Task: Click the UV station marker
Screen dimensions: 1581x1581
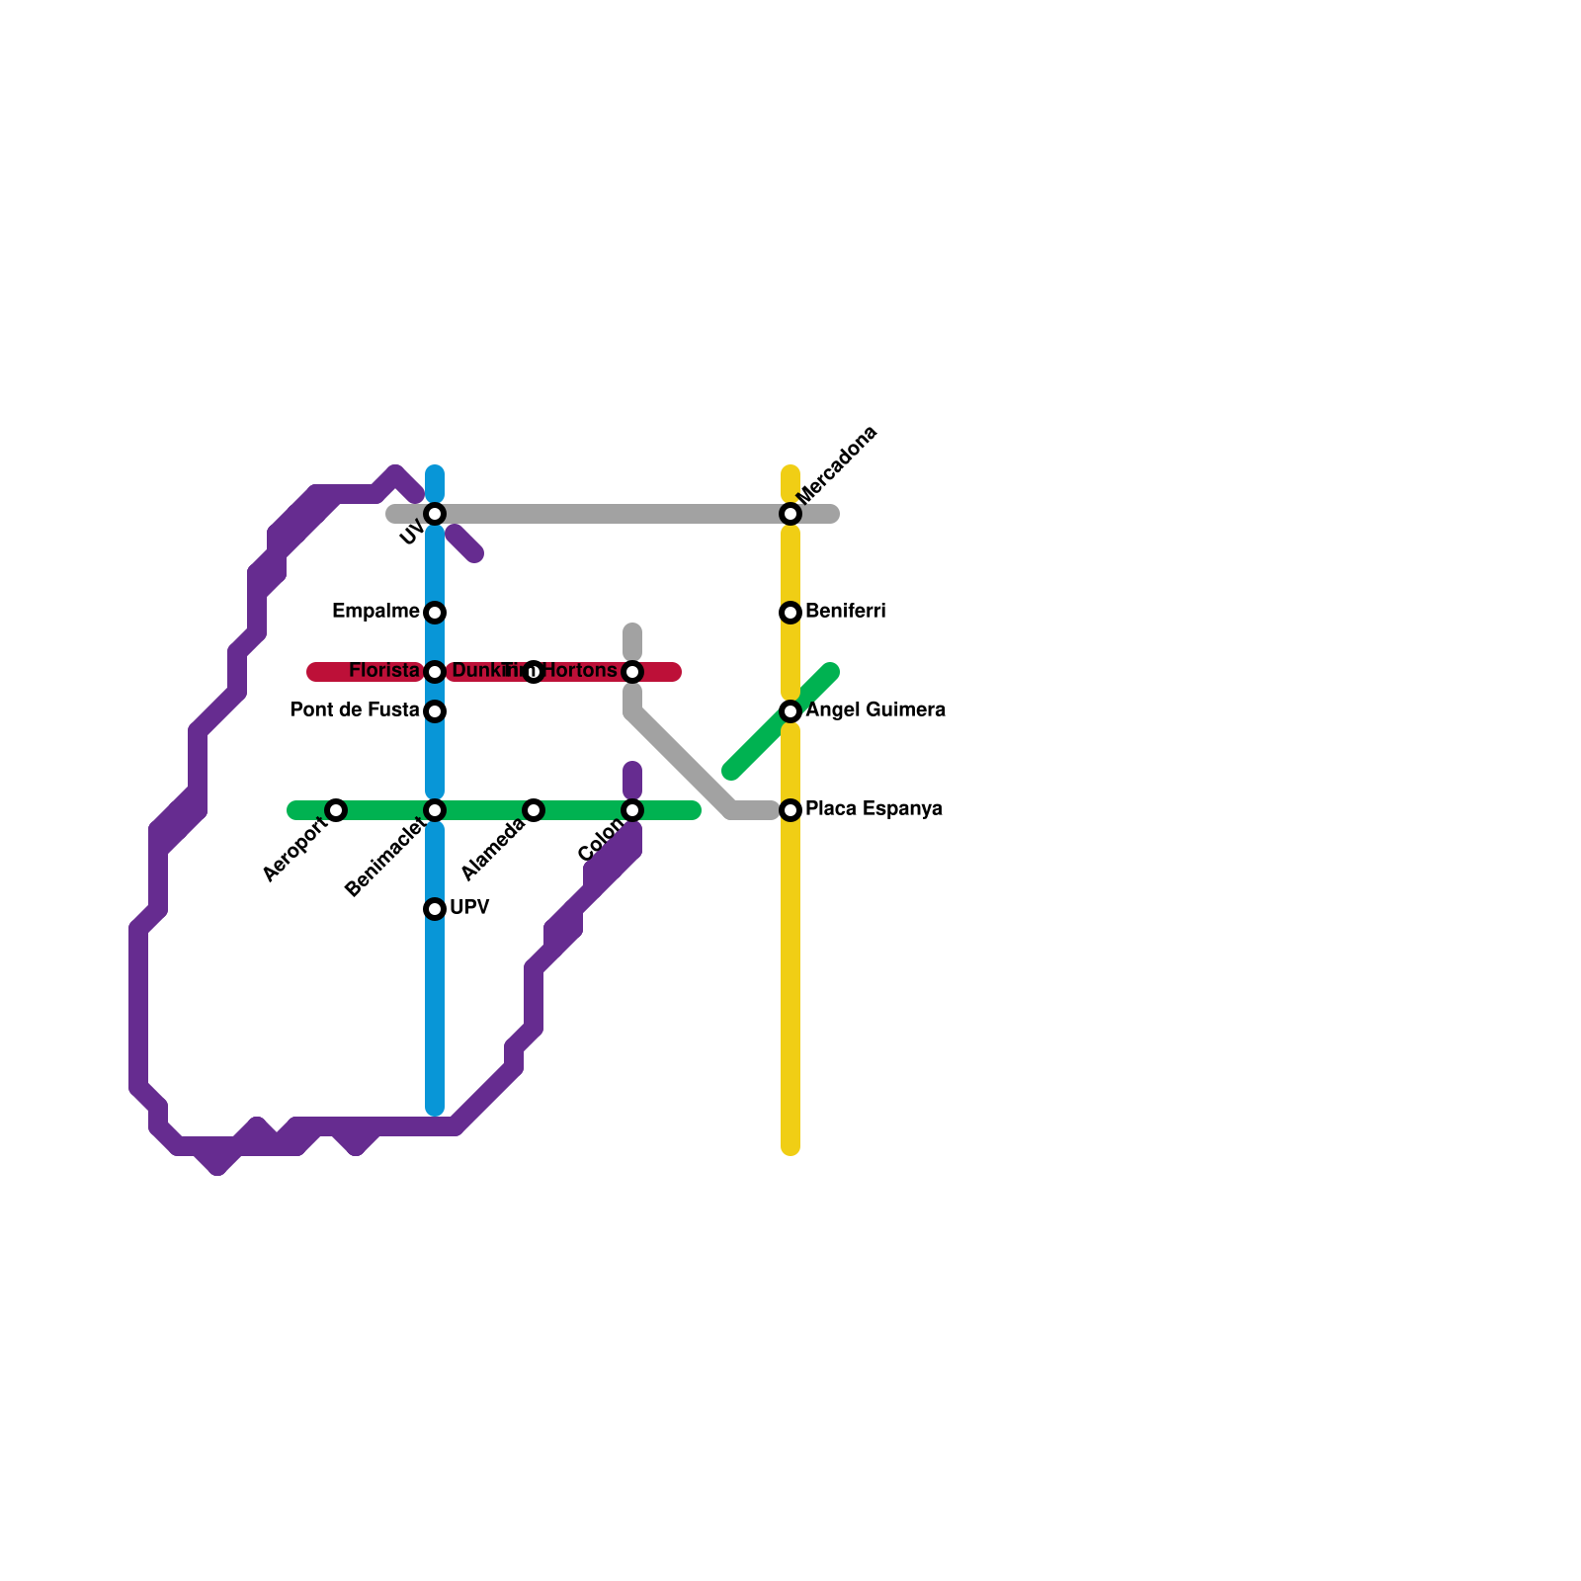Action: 435,514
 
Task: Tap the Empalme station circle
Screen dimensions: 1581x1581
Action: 435,613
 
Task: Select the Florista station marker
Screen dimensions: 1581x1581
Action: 435,672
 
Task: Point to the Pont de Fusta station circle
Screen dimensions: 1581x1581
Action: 435,711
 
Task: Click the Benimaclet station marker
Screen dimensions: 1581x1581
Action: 435,810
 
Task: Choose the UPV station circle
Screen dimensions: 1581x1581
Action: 435,909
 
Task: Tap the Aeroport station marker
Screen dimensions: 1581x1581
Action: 336,810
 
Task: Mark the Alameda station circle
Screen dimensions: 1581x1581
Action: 534,810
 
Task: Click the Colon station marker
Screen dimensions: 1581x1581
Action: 632,810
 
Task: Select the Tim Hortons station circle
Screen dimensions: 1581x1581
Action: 632,672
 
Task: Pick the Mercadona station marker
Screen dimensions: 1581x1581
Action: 790,514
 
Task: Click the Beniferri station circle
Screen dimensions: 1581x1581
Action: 790,613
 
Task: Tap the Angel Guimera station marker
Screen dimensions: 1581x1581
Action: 790,711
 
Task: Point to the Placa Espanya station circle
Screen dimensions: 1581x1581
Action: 790,810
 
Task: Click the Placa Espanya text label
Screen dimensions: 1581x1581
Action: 874,809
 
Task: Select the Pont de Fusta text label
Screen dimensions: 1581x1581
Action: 354,710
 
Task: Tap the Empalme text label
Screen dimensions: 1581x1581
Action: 375,612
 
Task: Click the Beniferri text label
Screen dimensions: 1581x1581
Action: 845,612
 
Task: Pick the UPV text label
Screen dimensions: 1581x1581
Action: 469,908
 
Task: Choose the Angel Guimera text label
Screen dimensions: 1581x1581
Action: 875,710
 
